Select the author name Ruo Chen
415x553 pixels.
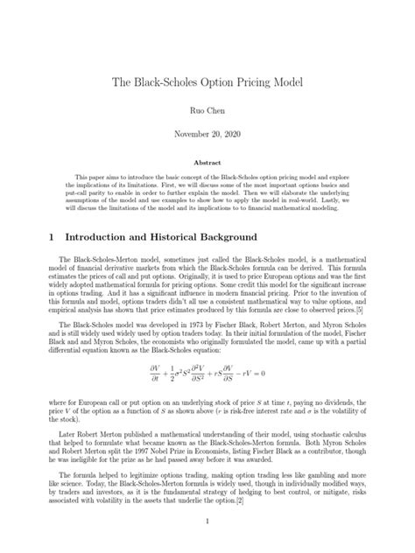click(207, 113)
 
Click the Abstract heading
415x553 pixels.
click(207, 163)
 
